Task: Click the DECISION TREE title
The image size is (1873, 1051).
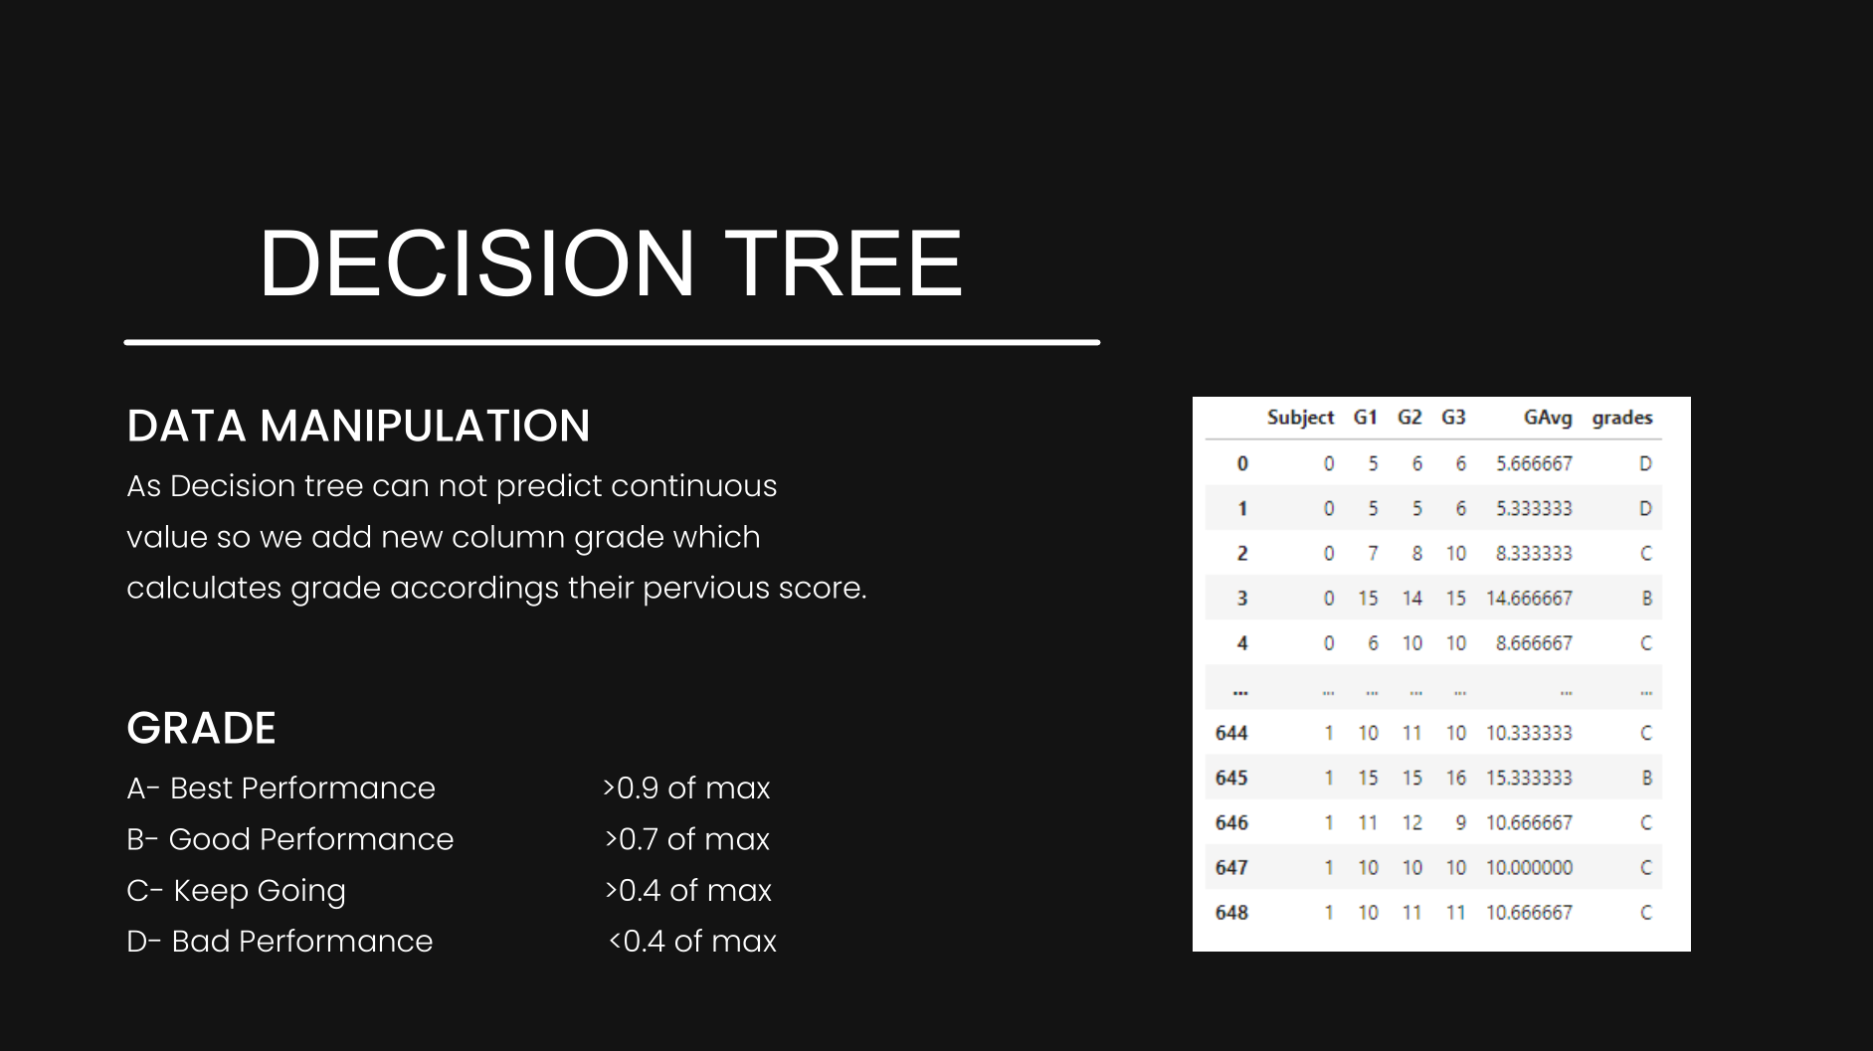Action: pos(611,263)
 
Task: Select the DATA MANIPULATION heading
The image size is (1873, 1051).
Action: pos(358,426)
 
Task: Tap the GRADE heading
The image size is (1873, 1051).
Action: pos(201,728)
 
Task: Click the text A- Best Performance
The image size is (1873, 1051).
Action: pos(281,788)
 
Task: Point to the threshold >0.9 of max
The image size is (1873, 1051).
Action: pos(685,788)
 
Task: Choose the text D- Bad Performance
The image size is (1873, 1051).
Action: pos(280,941)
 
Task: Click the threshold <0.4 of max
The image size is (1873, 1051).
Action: pos(691,941)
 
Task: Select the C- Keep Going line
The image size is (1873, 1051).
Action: pos(236,890)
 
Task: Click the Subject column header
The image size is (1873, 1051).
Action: pos(1300,418)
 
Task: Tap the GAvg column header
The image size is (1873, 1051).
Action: pos(1547,418)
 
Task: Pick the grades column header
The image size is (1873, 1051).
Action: pos(1621,418)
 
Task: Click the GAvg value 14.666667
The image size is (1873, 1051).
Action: pos(1529,599)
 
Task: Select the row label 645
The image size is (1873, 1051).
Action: pos(1231,778)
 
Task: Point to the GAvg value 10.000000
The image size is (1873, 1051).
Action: pos(1529,868)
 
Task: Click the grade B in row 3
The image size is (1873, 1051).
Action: pos(1646,599)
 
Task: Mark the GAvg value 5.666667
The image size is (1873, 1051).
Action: pos(1534,463)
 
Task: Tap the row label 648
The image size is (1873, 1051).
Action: pos(1231,913)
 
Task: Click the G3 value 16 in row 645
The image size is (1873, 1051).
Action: pos(1455,778)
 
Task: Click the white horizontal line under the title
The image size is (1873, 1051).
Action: pos(612,342)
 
